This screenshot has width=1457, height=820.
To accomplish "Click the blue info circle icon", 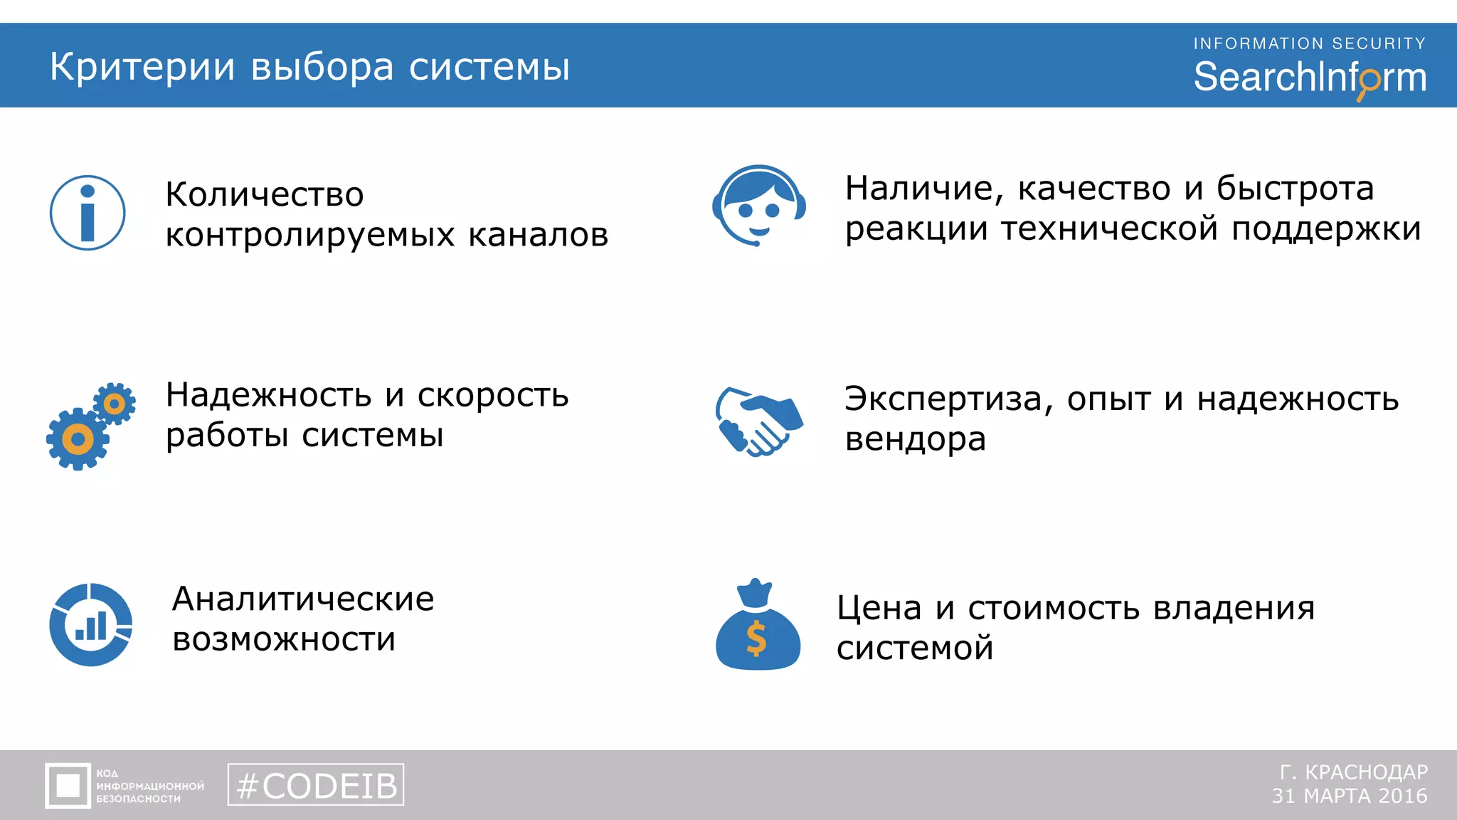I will point(88,213).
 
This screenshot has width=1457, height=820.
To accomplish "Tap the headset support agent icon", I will point(758,206).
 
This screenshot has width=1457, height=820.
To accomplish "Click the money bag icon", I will point(758,626).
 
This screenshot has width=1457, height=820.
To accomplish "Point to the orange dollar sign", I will point(756,638).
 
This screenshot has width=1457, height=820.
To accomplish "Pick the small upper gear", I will point(115,404).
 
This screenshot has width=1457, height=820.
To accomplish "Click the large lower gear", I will point(78,439).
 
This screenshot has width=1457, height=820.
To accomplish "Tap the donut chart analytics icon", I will point(91,625).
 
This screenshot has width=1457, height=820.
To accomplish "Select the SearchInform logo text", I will point(1309,78).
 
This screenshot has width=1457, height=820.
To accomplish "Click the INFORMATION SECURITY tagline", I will point(1309,43).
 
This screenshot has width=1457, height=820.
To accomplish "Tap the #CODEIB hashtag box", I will point(316,785).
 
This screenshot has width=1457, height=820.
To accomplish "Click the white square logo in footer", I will point(68,786).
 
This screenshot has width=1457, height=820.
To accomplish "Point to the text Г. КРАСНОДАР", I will point(1354,772).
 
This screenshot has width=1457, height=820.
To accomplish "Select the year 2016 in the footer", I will point(1402,796).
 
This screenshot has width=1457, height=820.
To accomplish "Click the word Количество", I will point(265,194).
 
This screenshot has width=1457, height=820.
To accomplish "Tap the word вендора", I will point(915,439).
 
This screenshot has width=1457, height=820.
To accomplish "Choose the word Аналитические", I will point(303,599).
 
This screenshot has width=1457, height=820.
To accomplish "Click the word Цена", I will point(879,608).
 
